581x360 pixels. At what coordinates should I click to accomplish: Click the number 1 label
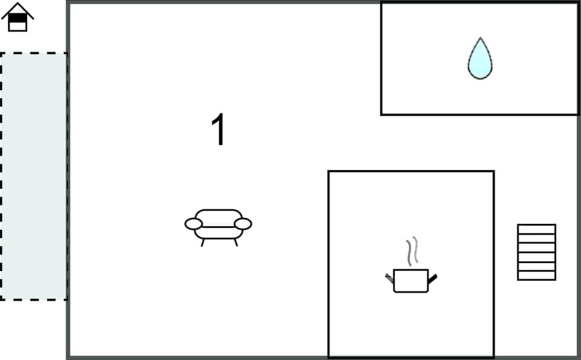(218, 131)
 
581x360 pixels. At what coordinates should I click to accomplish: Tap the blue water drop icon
(480, 59)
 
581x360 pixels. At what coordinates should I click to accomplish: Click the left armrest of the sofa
(193, 224)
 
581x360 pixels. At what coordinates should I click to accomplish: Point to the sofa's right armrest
(243, 224)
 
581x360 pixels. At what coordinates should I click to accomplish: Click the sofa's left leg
(202, 242)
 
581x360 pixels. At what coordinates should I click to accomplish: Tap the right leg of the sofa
(235, 242)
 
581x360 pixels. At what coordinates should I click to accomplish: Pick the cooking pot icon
(411, 281)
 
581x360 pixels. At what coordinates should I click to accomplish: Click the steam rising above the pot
(412, 250)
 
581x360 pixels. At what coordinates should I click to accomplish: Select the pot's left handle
(389, 278)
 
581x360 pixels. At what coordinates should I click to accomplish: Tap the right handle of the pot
(433, 278)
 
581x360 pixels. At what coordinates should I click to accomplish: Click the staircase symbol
(536, 252)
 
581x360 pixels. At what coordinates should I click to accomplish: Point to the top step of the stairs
(536, 229)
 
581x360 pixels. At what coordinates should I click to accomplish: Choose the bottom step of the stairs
(536, 275)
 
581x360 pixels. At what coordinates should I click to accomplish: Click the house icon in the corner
(18, 17)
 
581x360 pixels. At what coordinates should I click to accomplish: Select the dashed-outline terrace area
(33, 175)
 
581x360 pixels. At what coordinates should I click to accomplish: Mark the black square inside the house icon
(18, 19)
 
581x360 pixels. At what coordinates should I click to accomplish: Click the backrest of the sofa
(218, 215)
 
